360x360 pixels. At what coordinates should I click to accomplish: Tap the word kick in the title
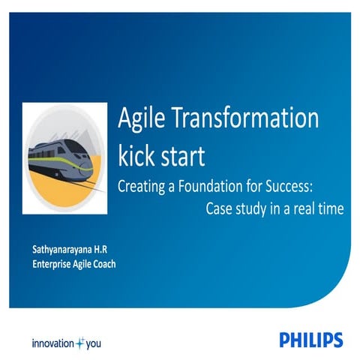[x=140, y=157]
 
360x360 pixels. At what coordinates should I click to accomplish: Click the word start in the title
[x=184, y=157]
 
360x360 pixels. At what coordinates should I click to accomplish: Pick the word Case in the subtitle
[x=219, y=208]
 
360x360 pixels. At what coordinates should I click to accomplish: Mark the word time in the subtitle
[x=330, y=208]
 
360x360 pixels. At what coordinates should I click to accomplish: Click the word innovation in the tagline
[x=52, y=343]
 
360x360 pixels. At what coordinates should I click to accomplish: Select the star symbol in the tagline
[x=79, y=343]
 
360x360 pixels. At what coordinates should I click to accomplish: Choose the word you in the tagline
[x=93, y=344]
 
